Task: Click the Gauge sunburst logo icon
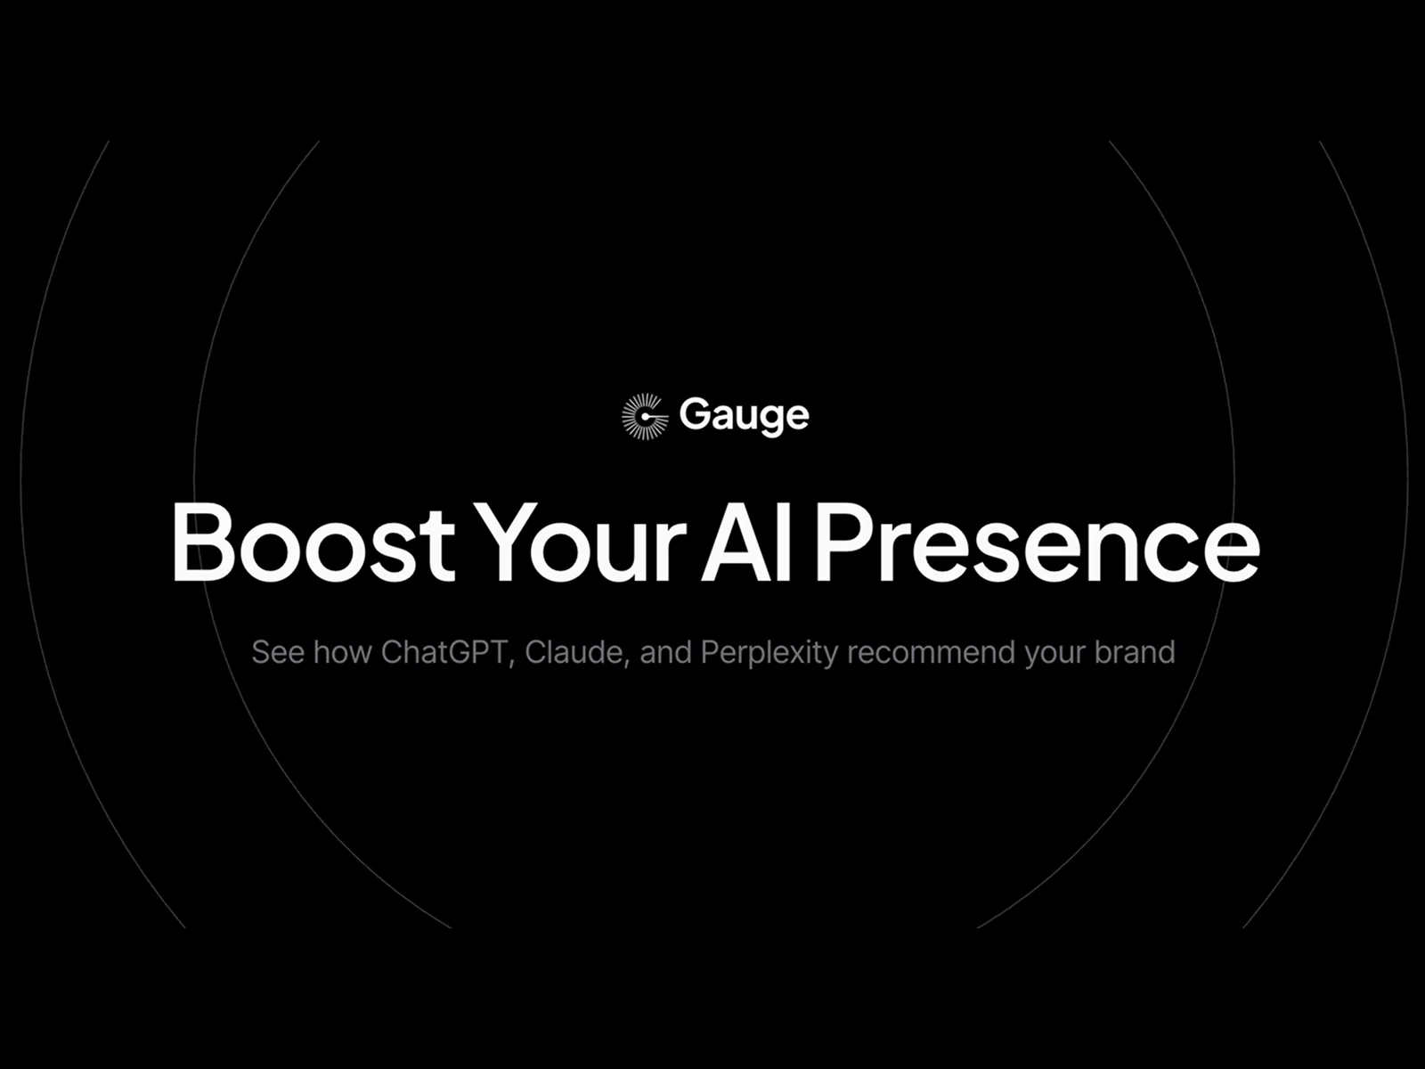645,417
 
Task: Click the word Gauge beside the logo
744,416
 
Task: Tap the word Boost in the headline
313,542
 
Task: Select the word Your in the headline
581,542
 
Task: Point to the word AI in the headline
746,542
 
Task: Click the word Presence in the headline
1037,542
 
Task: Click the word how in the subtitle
343,652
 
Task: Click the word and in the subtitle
665,652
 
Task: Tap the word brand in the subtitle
1135,652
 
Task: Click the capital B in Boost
202,542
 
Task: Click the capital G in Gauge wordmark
696,414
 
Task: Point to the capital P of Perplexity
712,652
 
